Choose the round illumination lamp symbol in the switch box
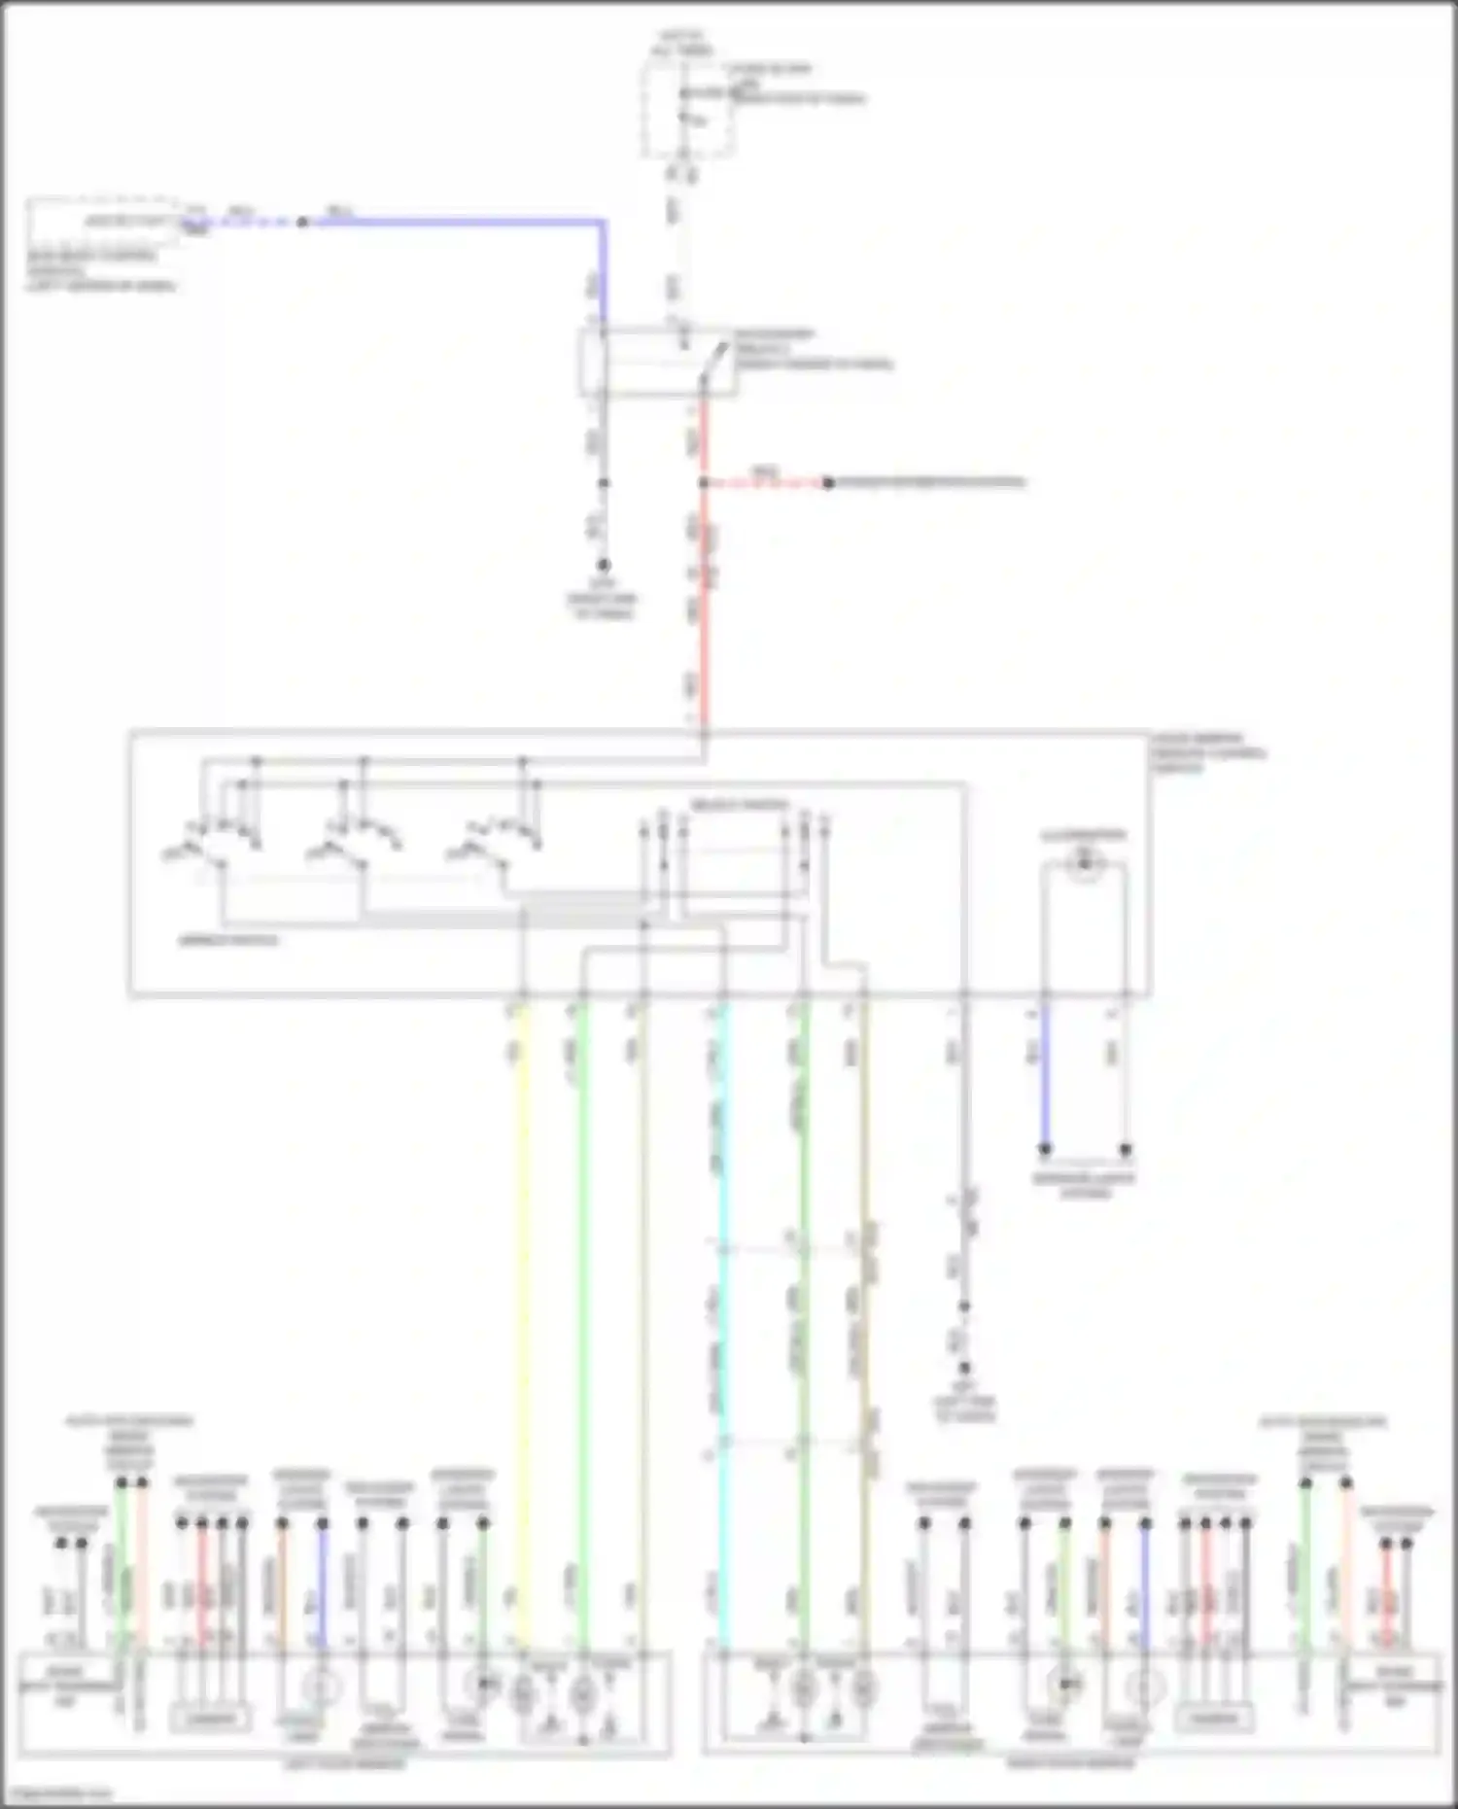point(1084,860)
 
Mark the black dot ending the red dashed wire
point(828,482)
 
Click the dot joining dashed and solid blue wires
point(302,222)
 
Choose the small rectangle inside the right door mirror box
point(1214,1718)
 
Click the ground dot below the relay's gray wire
point(603,565)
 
